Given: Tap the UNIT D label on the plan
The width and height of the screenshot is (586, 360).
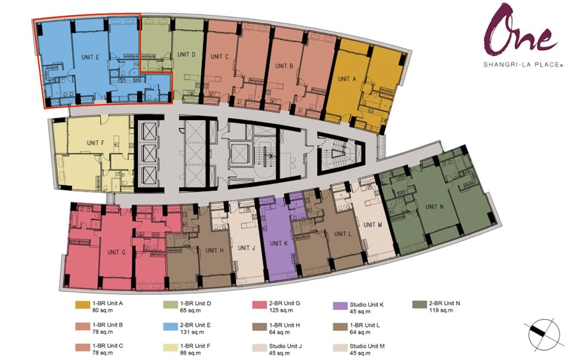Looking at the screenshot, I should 187,54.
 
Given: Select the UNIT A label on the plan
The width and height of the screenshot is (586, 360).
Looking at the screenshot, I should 347,79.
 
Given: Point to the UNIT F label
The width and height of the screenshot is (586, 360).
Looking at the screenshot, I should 95,143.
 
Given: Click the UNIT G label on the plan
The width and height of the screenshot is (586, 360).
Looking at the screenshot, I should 117,252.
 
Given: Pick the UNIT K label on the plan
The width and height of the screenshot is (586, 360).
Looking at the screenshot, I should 278,244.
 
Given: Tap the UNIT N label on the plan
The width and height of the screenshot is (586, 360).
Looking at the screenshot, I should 435,206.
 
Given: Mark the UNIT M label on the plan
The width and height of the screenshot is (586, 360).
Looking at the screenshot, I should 373,225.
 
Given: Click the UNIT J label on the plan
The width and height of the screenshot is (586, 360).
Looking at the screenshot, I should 246,248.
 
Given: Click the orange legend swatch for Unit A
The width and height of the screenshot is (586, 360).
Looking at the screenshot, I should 82,305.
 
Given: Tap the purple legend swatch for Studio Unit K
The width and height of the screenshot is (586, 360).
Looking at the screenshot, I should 340,305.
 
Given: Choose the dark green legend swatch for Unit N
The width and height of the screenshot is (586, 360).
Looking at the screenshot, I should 418,305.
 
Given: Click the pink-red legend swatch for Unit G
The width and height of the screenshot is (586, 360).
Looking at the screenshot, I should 259,305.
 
